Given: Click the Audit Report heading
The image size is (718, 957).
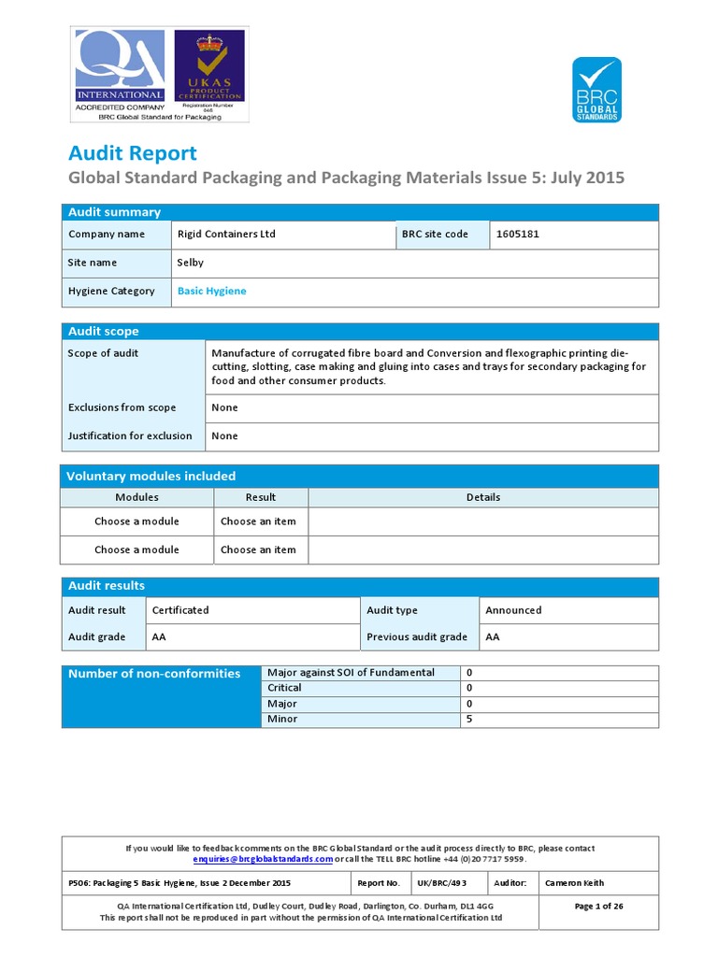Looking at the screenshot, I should (x=133, y=153).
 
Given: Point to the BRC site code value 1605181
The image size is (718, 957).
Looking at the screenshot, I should (x=517, y=235).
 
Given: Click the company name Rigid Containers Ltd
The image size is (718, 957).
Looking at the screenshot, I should (x=226, y=235).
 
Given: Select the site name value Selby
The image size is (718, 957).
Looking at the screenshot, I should (x=190, y=263).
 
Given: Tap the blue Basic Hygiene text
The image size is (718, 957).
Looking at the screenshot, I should (x=211, y=292).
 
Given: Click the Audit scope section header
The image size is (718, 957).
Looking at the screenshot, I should (x=103, y=332).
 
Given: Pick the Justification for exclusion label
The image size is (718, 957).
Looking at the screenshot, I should (x=130, y=436).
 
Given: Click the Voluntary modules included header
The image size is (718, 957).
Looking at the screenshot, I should (x=151, y=477).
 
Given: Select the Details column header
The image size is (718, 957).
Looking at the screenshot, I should (x=482, y=497).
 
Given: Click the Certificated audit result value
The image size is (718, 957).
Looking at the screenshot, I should (x=180, y=610).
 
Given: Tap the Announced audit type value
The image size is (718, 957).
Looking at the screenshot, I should (x=513, y=610).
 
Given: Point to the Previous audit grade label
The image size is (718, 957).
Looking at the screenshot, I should (x=417, y=637).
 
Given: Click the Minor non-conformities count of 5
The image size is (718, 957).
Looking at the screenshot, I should (x=468, y=720).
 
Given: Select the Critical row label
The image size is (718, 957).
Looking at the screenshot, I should (x=284, y=688).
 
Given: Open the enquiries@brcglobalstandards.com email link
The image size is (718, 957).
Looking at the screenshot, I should (x=263, y=859).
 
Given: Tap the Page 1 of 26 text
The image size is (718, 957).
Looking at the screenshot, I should (x=598, y=907).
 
